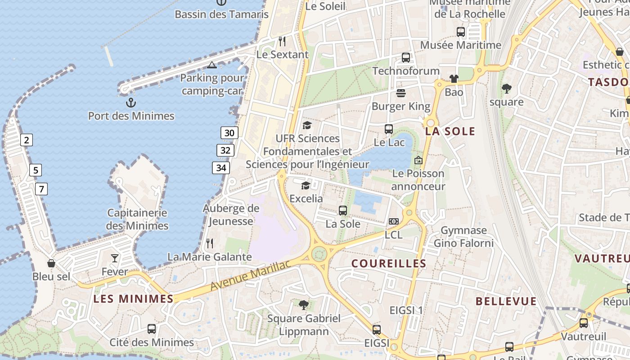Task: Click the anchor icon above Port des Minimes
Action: click(x=130, y=103)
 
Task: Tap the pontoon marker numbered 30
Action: click(x=229, y=133)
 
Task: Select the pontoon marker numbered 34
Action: click(x=221, y=168)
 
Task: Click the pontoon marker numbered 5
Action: click(x=36, y=171)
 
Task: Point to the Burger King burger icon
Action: click(x=401, y=93)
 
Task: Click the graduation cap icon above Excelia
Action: click(x=306, y=185)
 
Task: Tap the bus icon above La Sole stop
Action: click(x=343, y=210)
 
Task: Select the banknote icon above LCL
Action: click(x=394, y=221)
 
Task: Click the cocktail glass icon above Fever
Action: click(x=115, y=258)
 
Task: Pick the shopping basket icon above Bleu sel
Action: click(x=51, y=263)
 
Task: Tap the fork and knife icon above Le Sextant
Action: click(x=282, y=41)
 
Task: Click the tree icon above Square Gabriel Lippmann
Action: click(x=304, y=305)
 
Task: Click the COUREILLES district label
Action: click(x=389, y=264)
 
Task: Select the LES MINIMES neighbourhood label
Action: click(x=133, y=299)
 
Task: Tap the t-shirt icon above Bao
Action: click(x=454, y=79)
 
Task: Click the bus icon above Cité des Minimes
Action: click(x=152, y=329)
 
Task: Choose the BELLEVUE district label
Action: click(x=506, y=301)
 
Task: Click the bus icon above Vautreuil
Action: click(x=584, y=323)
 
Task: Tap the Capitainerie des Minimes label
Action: click(x=137, y=219)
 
